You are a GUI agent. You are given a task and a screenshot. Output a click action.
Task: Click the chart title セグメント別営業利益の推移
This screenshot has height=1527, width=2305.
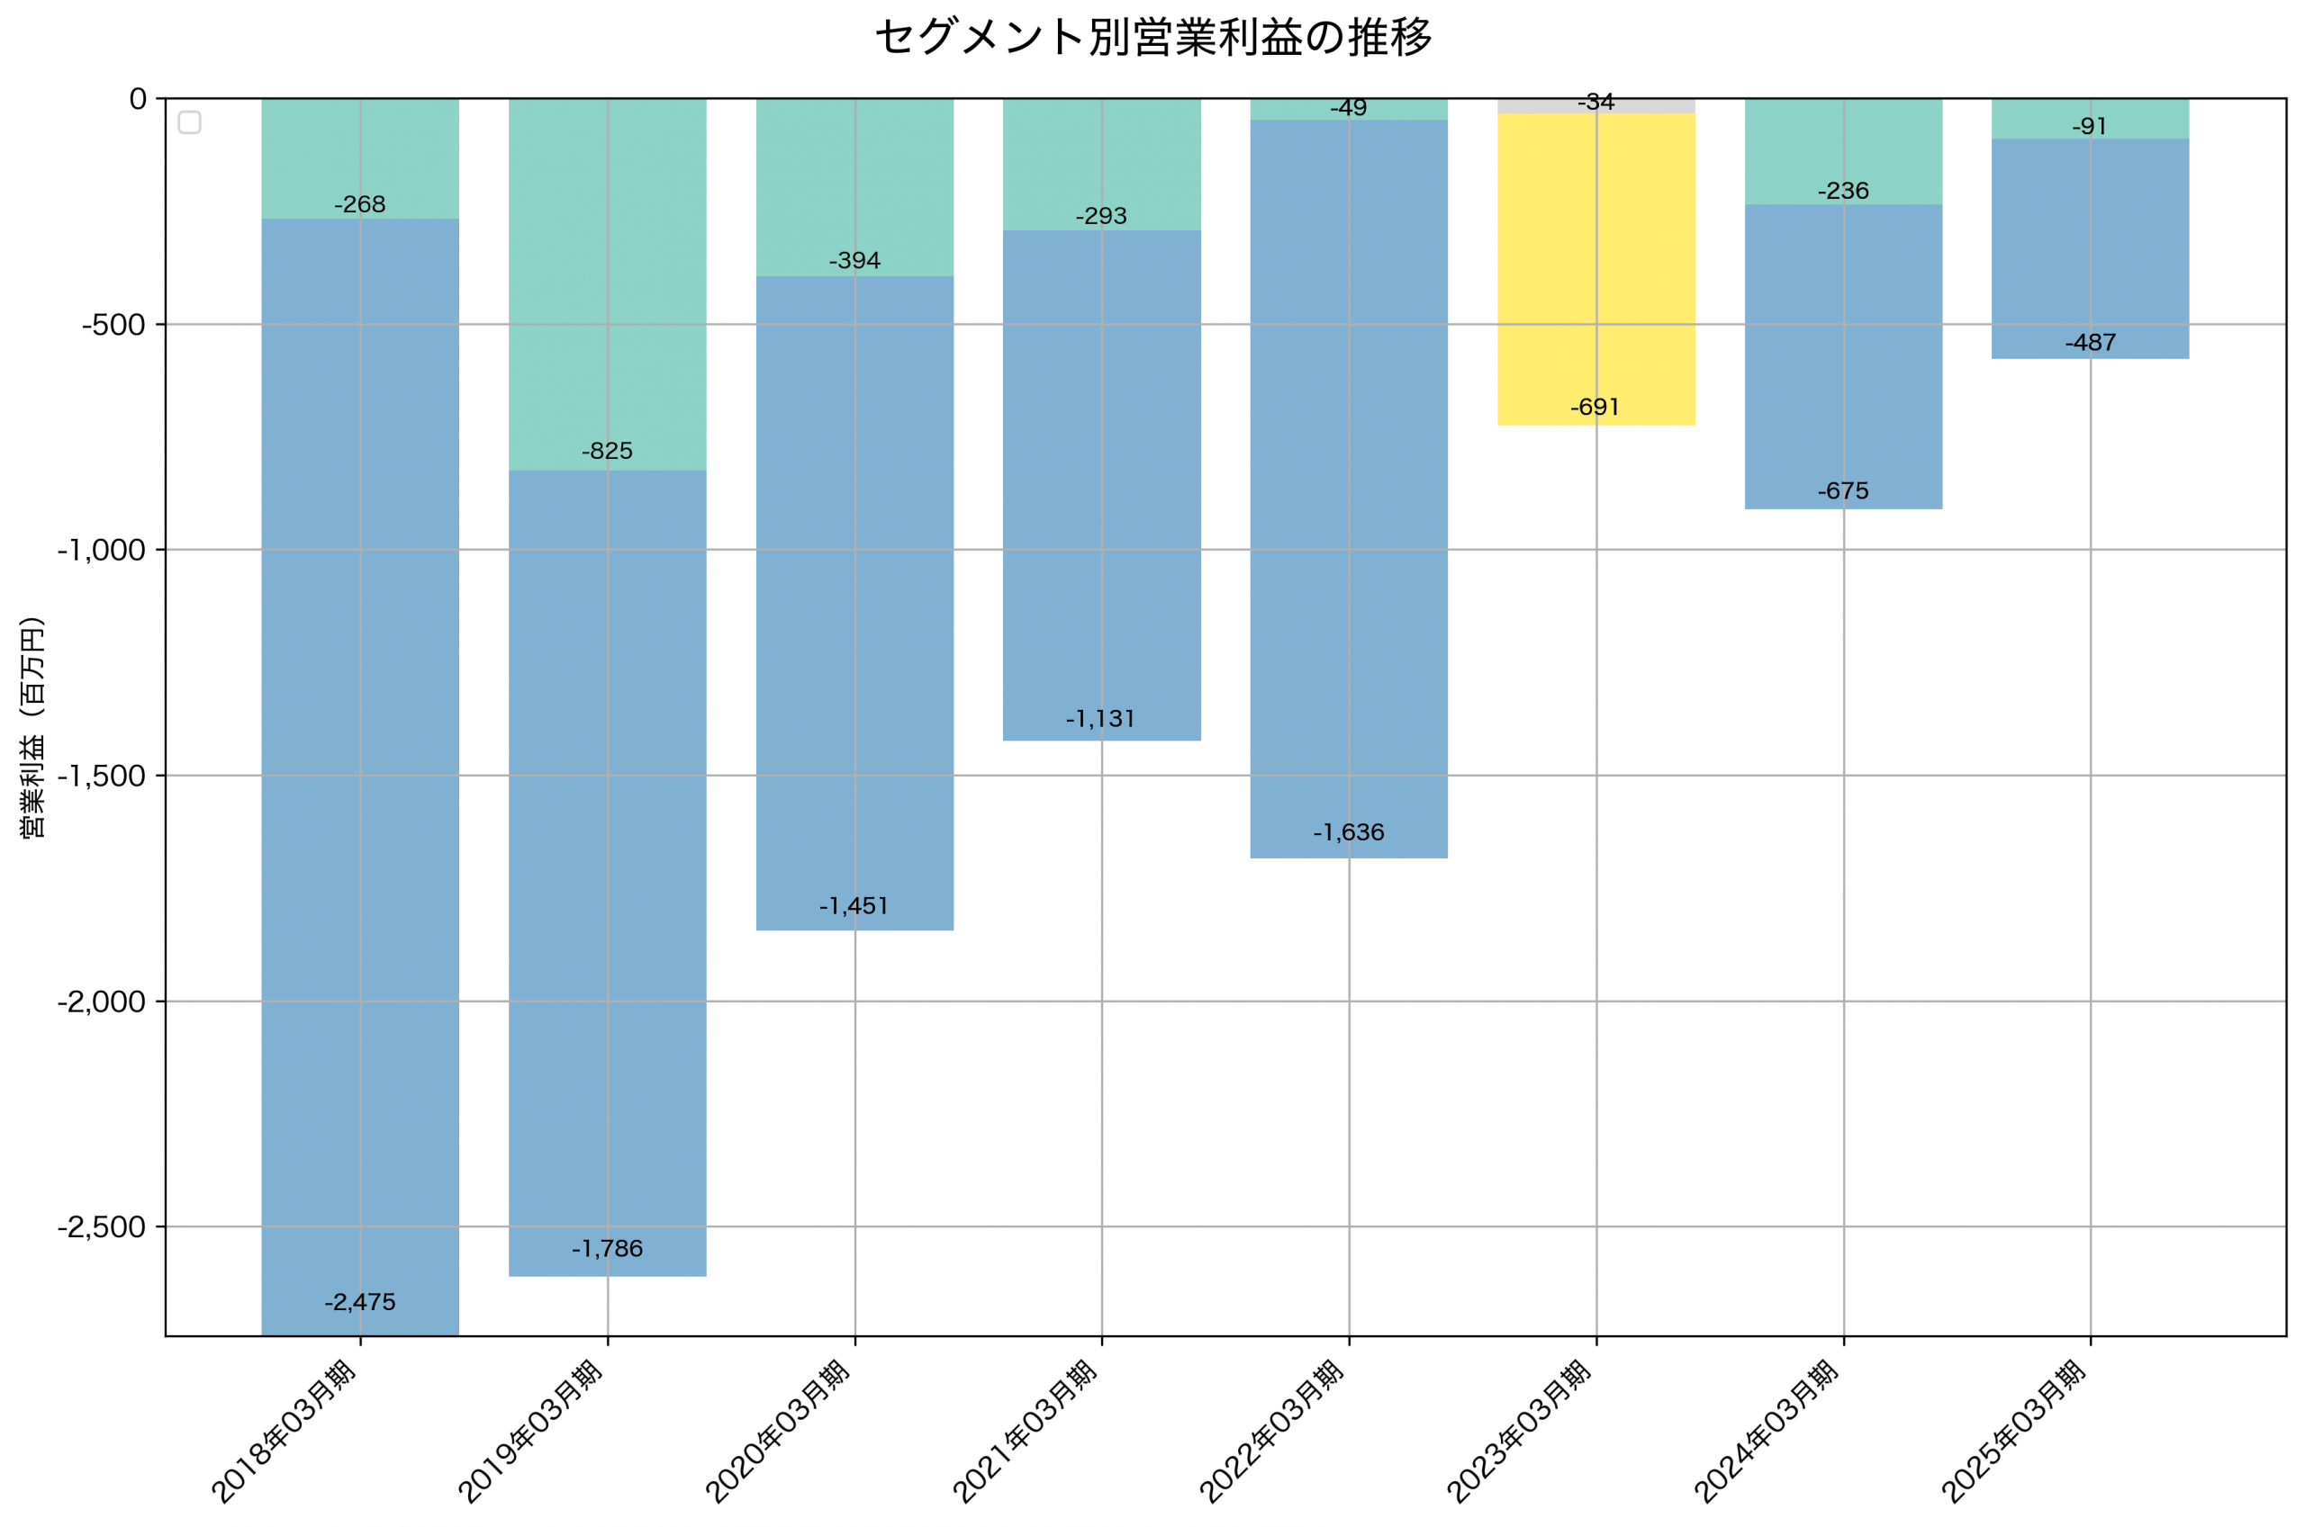[x=1152, y=38]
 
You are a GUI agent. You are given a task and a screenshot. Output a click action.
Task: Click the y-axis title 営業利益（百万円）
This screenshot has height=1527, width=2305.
[x=32, y=727]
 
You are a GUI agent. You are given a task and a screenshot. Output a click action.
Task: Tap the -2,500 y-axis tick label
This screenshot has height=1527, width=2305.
[x=102, y=1227]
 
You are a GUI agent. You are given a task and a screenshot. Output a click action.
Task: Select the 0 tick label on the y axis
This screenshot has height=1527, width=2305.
[x=138, y=99]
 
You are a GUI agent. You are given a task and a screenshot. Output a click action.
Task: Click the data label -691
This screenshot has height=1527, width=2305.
[x=1595, y=407]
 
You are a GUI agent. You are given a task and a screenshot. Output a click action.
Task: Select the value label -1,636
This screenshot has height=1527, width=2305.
[x=1348, y=832]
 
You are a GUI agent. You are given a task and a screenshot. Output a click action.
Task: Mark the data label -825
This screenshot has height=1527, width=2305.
[x=607, y=451]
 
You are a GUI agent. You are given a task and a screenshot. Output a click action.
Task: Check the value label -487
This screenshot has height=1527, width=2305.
[x=2090, y=343]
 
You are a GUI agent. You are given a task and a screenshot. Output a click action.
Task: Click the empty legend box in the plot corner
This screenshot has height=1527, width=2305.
[x=190, y=122]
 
